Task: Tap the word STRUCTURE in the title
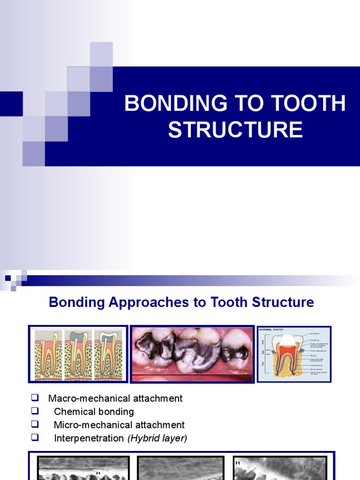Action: [235, 130]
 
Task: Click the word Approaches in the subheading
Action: [149, 302]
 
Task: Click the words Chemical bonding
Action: [94, 412]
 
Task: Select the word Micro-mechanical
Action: [93, 425]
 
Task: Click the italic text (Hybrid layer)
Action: [161, 438]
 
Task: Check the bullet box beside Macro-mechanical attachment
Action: [34, 398]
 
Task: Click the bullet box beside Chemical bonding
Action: [34, 411]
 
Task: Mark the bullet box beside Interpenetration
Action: [34, 438]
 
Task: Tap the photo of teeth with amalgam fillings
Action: [192, 354]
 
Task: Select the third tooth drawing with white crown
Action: [108, 354]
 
